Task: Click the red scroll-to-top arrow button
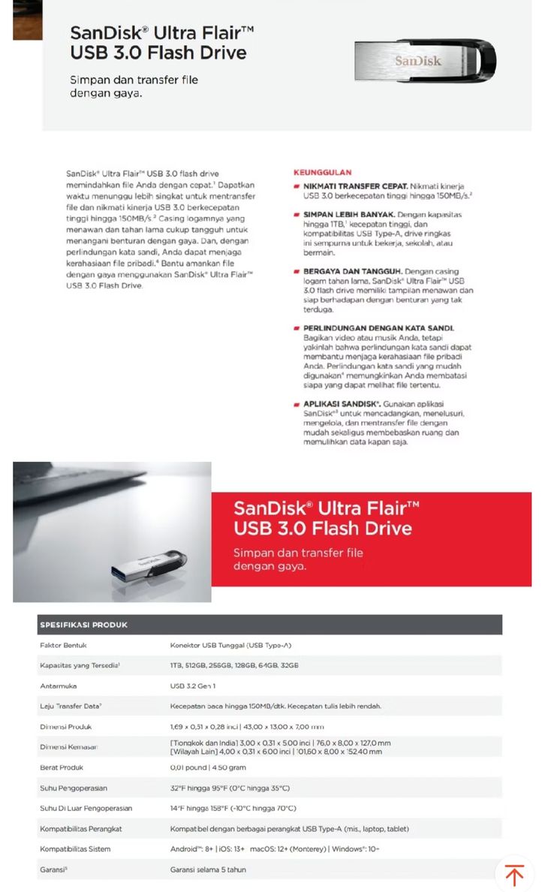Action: (x=514, y=875)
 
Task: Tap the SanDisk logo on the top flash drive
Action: (x=418, y=61)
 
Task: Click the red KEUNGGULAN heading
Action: (x=323, y=173)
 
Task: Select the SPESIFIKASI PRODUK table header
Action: (x=83, y=625)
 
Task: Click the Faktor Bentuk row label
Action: (x=64, y=645)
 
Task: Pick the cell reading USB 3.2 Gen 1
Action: (x=193, y=686)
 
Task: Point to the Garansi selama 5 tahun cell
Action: (x=208, y=869)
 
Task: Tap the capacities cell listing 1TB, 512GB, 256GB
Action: (x=234, y=665)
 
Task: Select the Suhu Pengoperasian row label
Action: (x=74, y=788)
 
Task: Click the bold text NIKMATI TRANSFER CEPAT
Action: (x=355, y=185)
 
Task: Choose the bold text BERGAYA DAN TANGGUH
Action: (x=352, y=271)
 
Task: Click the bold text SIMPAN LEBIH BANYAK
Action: (x=351, y=214)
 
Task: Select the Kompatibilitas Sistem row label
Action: (x=75, y=849)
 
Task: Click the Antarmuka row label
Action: (x=59, y=686)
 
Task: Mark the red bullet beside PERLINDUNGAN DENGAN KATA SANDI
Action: (x=297, y=328)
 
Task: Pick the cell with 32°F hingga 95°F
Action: (x=230, y=788)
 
